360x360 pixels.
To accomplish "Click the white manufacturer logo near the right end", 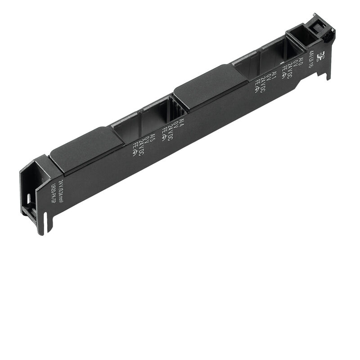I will [320, 57].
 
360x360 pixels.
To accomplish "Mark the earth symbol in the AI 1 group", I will [257, 85].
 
